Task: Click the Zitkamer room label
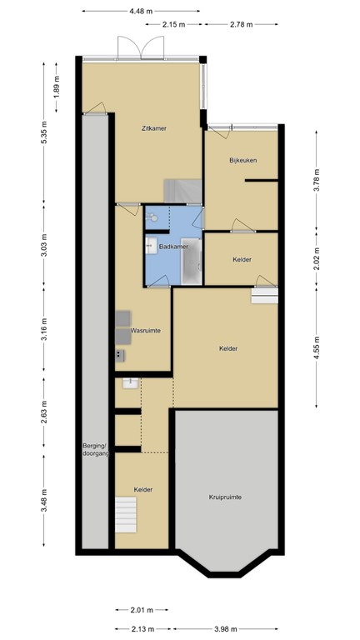click(x=157, y=128)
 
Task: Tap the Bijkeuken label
click(x=244, y=160)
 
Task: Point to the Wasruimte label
click(x=145, y=331)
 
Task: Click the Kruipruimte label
click(x=225, y=497)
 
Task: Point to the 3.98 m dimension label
click(x=225, y=628)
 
